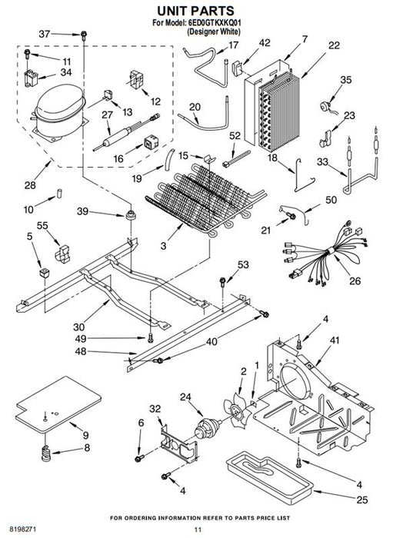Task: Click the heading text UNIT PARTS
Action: pos(195,11)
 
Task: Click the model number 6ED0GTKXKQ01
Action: pos(215,23)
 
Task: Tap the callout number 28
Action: pos(30,185)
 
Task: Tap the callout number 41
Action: pos(334,340)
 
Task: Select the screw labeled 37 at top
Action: pos(83,35)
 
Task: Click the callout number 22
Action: pos(334,45)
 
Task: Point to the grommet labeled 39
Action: pos(130,215)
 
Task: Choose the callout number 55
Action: pos(42,226)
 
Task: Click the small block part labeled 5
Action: pos(45,273)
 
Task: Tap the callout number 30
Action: pos(78,327)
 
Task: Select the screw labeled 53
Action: pos(223,282)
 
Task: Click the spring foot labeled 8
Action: pos(46,453)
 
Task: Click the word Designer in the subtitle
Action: pos(203,32)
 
